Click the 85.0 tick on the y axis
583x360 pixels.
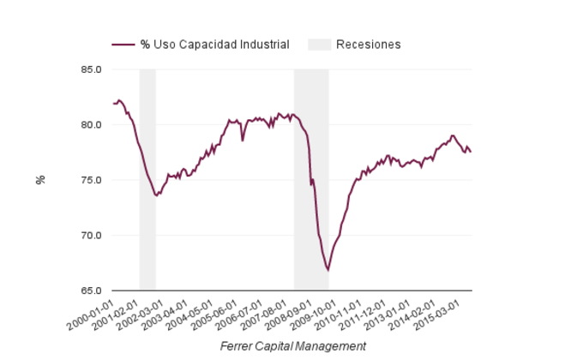(91, 69)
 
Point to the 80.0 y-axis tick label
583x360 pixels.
(91, 125)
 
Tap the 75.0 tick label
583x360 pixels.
(91, 180)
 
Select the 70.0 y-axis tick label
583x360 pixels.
(91, 236)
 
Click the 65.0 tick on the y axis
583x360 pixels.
(91, 291)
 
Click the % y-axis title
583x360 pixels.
(39, 180)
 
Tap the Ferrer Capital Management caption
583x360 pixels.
(292, 346)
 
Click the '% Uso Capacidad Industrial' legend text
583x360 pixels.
(214, 45)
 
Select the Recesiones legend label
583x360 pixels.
(369, 45)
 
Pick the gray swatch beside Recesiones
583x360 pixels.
(318, 45)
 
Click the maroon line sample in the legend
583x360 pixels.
(123, 45)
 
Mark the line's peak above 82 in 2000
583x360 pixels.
(119, 100)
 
